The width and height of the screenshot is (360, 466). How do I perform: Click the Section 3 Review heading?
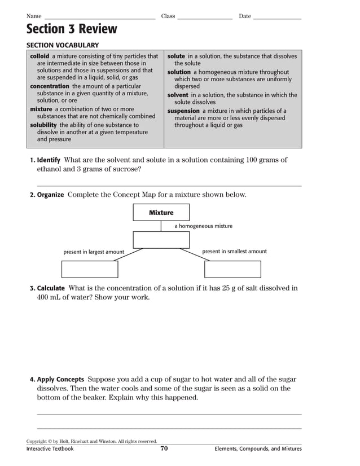coord(72,29)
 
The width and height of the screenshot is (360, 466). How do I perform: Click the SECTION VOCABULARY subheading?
coord(63,45)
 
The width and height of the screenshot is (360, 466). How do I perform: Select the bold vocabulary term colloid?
coord(39,56)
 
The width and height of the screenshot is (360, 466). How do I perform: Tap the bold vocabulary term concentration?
coord(50,86)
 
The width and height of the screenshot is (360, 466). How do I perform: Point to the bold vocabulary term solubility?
coord(43,125)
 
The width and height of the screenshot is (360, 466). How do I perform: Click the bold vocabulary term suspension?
coord(183,111)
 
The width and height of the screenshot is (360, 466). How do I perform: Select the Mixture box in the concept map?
coord(161,213)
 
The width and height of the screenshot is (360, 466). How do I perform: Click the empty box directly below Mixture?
coord(161,240)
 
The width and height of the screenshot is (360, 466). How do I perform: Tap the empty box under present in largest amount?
coord(90,270)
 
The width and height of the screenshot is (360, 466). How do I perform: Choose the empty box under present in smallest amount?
coord(232,270)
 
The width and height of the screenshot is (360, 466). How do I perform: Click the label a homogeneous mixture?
coord(203,226)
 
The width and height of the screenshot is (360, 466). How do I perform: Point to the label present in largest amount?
coord(93,252)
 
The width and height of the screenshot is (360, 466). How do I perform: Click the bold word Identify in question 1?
coord(49,160)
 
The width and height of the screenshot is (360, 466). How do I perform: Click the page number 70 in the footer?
coord(164,449)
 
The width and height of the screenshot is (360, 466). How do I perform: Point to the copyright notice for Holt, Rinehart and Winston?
coord(91,441)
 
